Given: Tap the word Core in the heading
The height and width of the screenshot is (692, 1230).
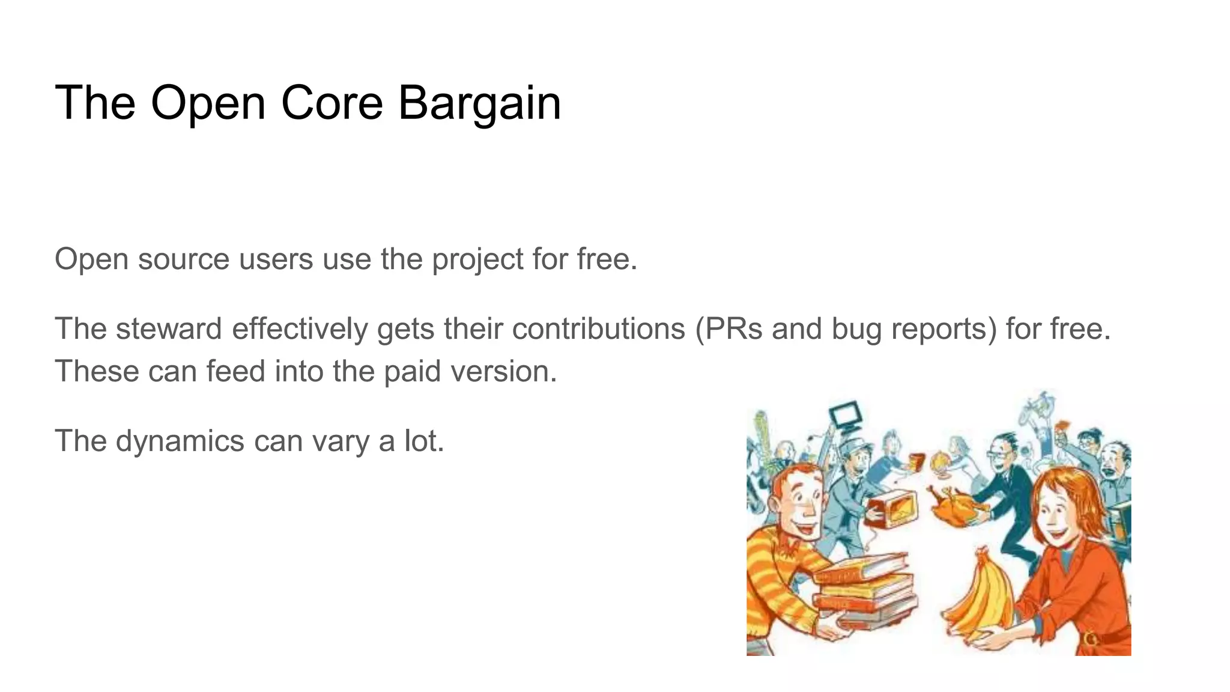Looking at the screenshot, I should (x=332, y=103).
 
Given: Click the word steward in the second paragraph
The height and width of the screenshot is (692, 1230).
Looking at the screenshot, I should (x=169, y=329).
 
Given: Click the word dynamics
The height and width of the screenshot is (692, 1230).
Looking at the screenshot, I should (x=180, y=442).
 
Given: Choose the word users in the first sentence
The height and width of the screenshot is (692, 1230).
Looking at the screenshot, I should (x=276, y=260).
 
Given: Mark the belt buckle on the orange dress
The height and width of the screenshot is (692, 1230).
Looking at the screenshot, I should (x=1091, y=638).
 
